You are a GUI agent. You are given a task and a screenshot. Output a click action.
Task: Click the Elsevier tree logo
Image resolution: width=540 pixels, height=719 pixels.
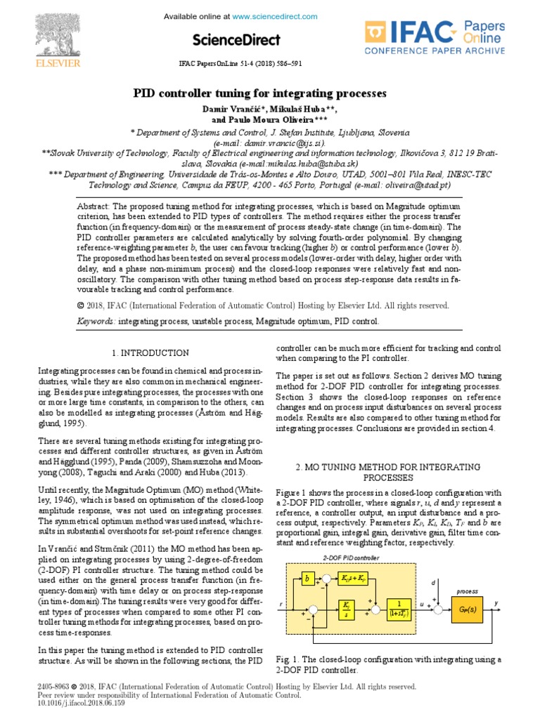click(x=67, y=32)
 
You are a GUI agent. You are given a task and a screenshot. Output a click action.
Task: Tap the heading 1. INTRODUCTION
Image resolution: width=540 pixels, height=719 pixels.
click(x=150, y=352)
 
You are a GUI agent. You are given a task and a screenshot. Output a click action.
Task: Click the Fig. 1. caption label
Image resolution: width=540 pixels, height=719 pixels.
click(x=288, y=660)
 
